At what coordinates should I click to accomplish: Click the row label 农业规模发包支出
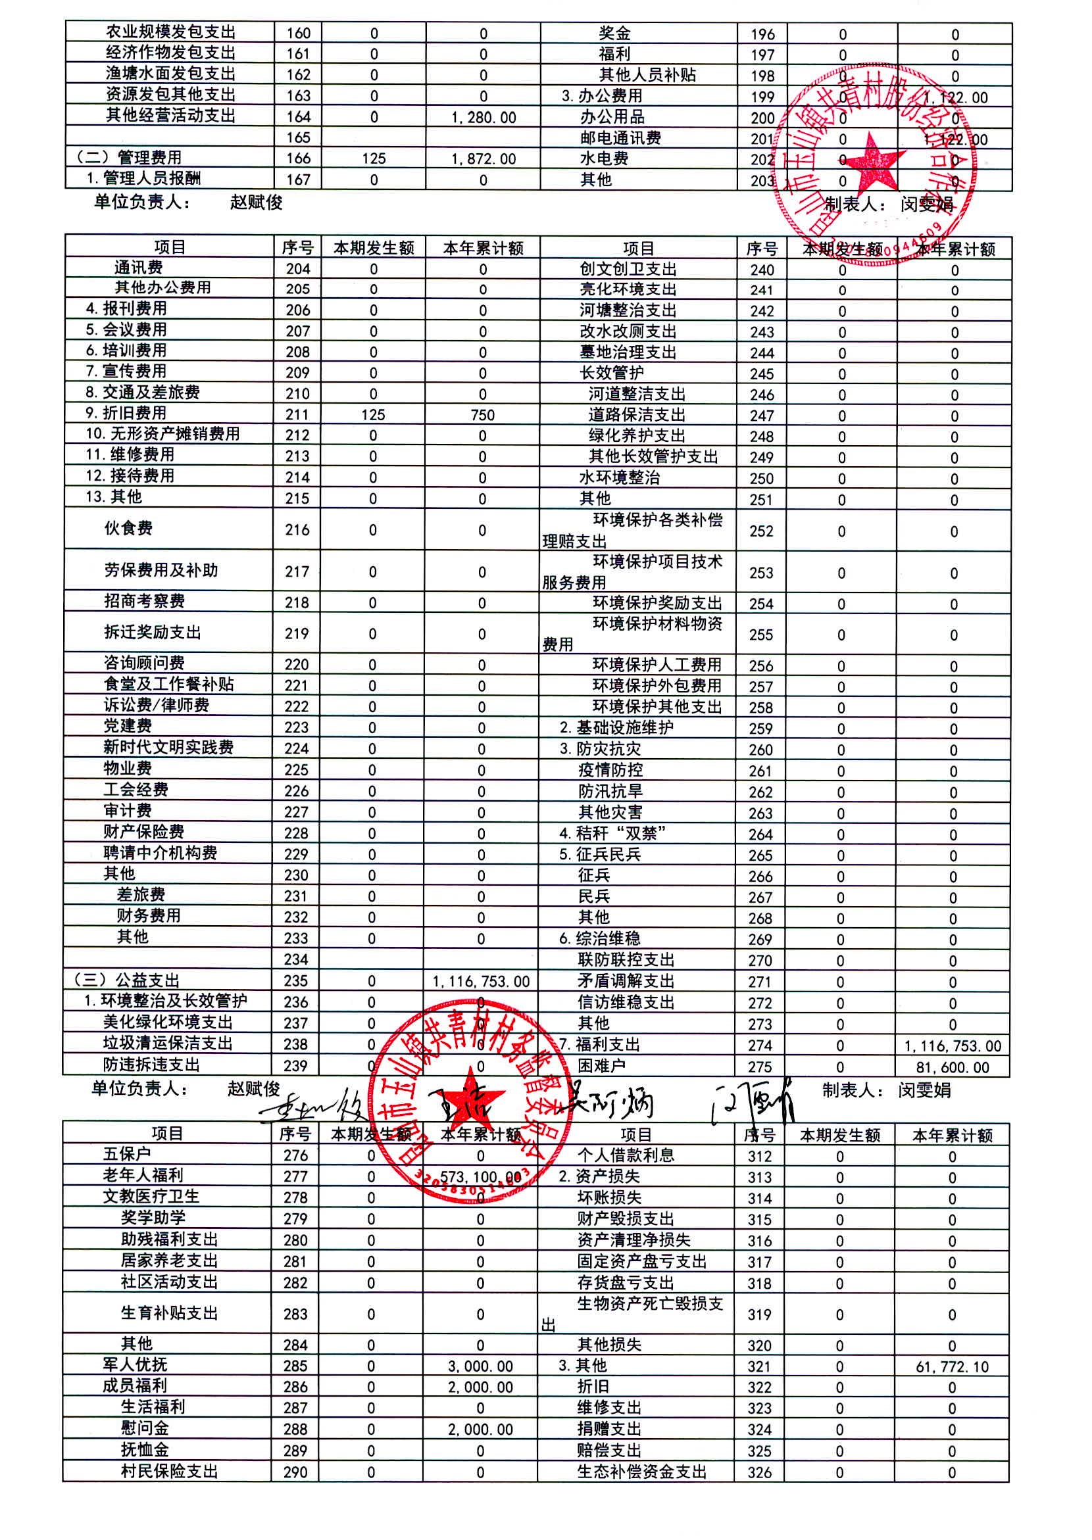[170, 32]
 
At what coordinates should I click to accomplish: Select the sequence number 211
[297, 415]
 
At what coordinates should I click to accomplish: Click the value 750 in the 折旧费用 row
[482, 415]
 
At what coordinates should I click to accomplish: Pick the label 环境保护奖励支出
[657, 603]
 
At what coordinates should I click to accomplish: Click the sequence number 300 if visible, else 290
[295, 1472]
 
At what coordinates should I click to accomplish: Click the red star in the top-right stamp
[874, 161]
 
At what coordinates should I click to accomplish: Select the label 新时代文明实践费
[168, 748]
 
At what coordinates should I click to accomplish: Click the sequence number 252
[761, 531]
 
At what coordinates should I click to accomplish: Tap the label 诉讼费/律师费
[156, 705]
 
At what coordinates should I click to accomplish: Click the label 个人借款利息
[626, 1155]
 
